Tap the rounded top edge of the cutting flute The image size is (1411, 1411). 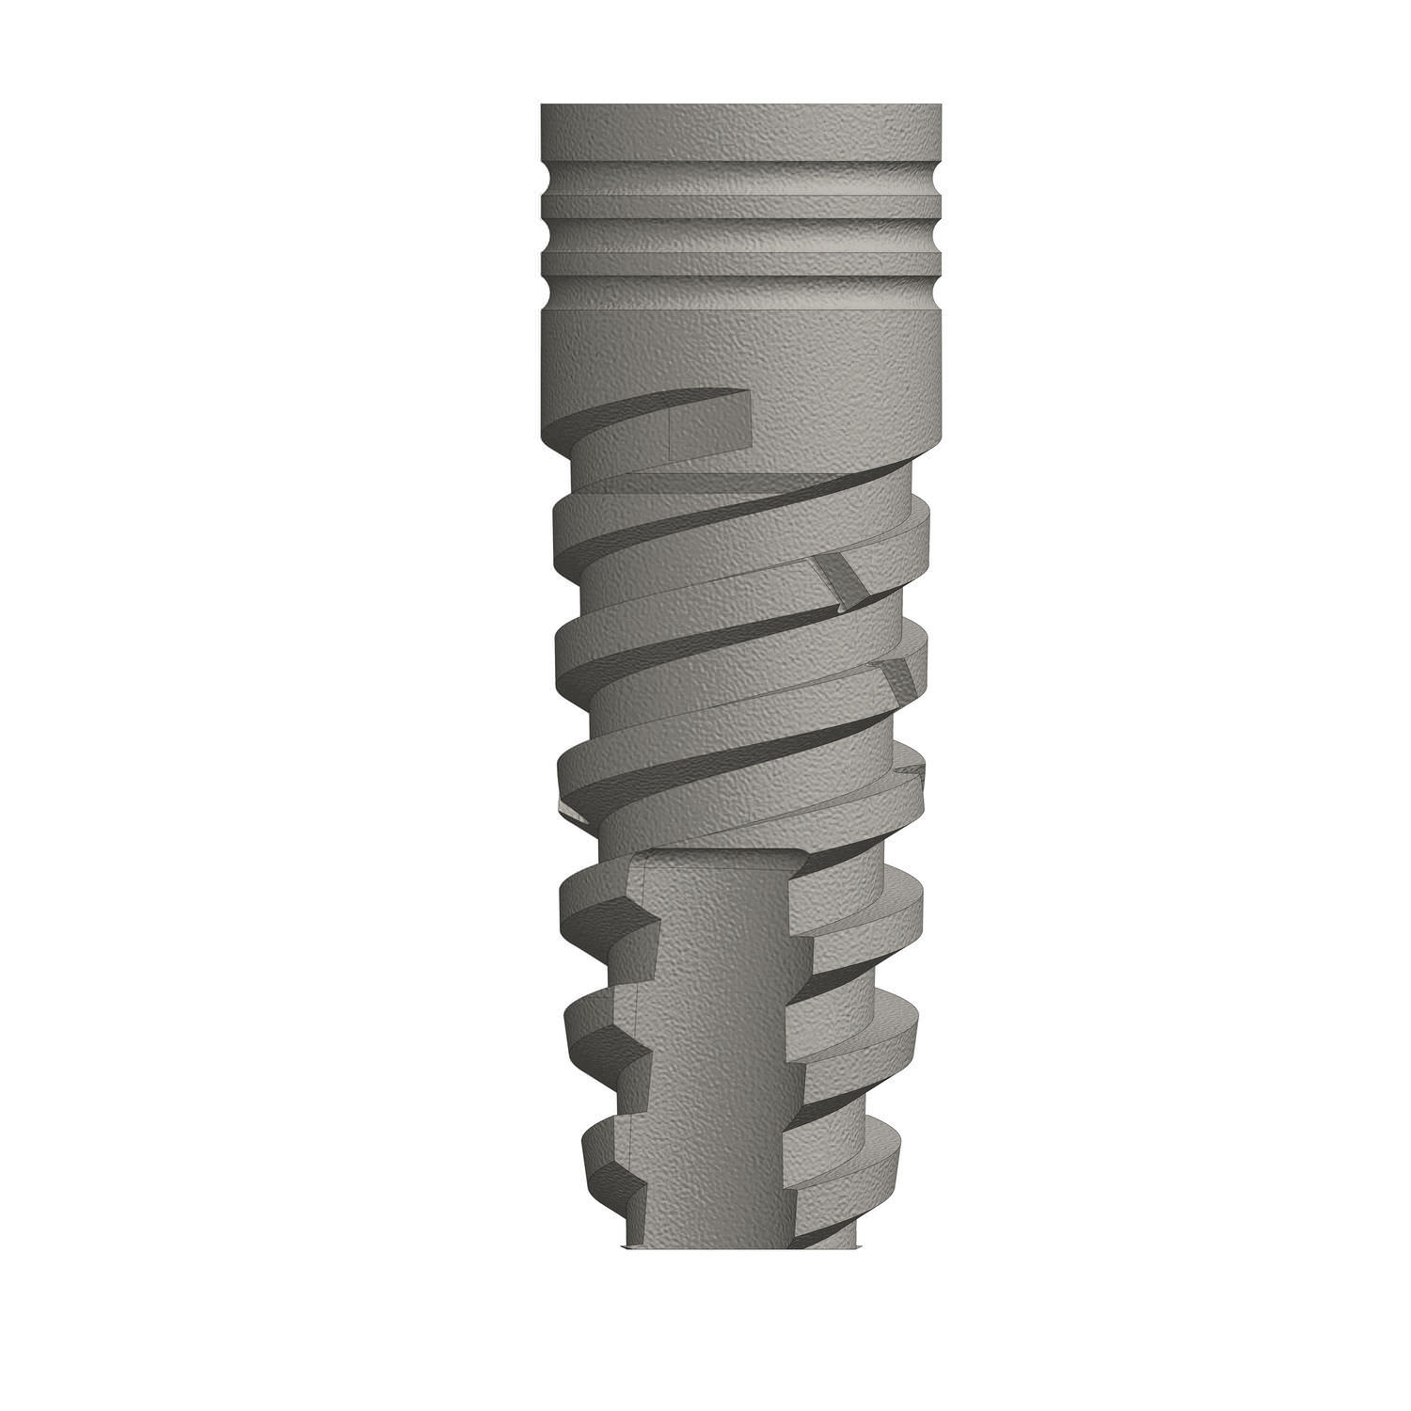pyautogui.click(x=720, y=854)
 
